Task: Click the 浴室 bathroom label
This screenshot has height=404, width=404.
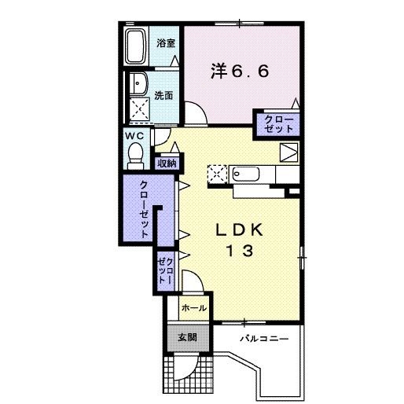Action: click(x=164, y=43)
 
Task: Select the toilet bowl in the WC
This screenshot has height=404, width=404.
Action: click(x=135, y=152)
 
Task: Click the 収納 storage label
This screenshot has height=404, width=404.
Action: click(x=166, y=163)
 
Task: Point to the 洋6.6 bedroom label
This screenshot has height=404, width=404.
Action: click(x=239, y=71)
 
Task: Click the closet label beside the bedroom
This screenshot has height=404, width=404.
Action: click(x=276, y=123)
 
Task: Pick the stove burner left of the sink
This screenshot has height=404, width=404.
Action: click(x=217, y=173)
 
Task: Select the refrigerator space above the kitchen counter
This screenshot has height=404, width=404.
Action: click(x=288, y=152)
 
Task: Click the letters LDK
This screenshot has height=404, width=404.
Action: click(x=244, y=229)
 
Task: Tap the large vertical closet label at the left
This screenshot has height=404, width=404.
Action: click(x=145, y=209)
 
